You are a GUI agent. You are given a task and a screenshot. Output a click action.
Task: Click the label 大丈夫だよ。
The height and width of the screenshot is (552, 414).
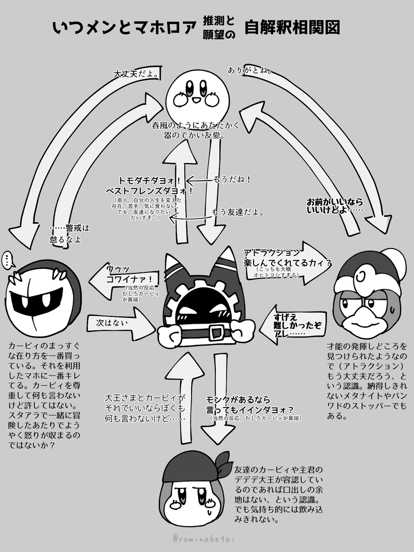(x=136, y=74)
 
